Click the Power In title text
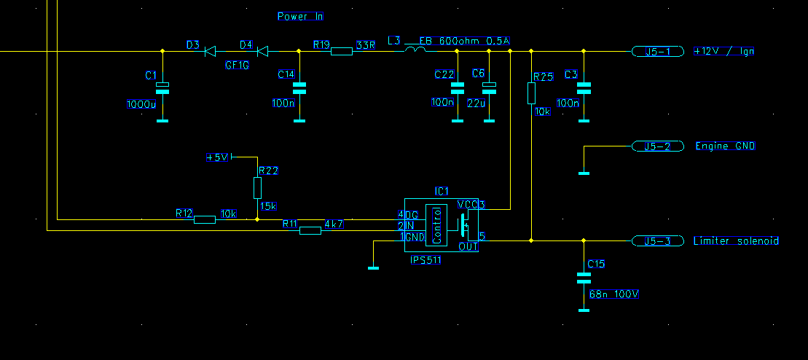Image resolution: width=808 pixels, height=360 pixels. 299,16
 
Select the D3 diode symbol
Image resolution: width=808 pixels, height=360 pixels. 210,51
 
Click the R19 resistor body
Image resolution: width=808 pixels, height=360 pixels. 342,51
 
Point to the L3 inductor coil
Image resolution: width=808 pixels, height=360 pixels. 415,50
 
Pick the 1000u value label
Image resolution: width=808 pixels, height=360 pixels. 141,104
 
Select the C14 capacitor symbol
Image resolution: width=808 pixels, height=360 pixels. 299,89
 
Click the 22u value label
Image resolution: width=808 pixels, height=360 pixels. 476,103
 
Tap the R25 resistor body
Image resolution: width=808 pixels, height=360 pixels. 531,93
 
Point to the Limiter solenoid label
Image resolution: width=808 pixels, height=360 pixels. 737,240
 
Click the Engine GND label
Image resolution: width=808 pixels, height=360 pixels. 725,146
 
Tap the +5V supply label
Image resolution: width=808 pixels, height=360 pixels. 218,157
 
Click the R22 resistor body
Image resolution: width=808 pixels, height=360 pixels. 257,188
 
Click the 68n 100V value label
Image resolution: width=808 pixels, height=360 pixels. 614,294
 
